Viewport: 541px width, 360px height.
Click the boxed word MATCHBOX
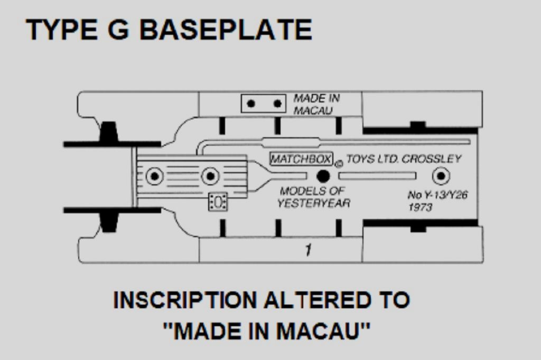301,159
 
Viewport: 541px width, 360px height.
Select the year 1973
420,207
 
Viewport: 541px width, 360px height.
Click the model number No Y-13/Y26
437,195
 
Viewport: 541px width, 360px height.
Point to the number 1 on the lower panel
307,250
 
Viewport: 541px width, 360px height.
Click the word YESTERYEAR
314,203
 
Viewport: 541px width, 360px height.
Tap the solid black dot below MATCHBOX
323,176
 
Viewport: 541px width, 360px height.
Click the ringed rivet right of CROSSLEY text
441,176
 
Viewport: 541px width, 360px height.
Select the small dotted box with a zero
218,201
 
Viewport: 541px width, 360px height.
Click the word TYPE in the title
60,30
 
